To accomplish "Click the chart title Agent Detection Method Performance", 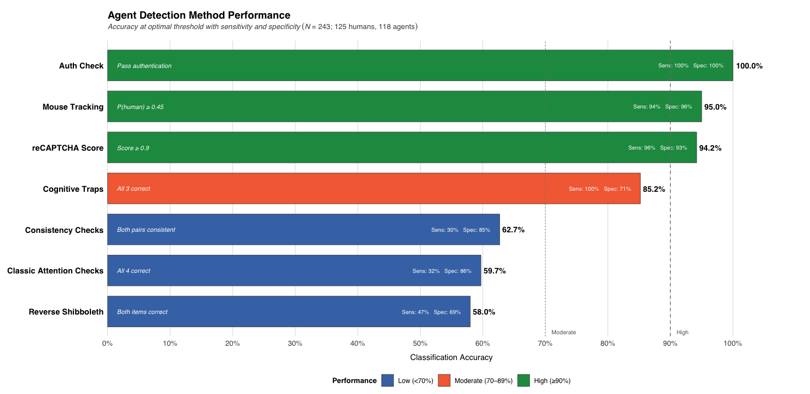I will [x=199, y=15].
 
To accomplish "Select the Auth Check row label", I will [x=81, y=66].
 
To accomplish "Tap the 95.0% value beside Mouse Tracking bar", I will [x=715, y=107].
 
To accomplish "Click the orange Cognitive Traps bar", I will [x=374, y=189].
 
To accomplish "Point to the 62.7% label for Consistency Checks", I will [x=513, y=230].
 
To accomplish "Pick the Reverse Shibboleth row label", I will [x=66, y=312].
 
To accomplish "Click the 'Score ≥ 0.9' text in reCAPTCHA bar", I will [x=133, y=148].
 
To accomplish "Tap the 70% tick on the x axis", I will [x=545, y=344].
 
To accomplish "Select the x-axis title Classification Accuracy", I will [x=451, y=357].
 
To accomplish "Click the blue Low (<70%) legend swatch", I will [x=388, y=380].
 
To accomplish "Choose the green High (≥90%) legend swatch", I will [x=524, y=380].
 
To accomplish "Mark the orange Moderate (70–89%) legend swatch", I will [x=444, y=380].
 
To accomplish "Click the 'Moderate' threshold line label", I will [x=564, y=332].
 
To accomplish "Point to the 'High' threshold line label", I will [x=682, y=332].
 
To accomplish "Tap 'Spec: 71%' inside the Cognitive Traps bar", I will [x=617, y=189].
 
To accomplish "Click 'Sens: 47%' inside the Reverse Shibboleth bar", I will [x=415, y=312].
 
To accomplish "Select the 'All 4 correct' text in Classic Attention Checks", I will [x=134, y=271].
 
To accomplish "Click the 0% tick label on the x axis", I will [x=107, y=344].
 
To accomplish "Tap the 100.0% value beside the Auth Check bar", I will [x=749, y=66].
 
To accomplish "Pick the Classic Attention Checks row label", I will [x=55, y=271].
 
